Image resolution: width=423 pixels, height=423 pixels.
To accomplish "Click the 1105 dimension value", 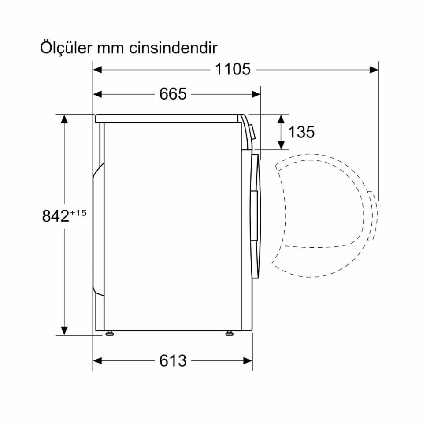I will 233,69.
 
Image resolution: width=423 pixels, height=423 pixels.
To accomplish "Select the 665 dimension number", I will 173,94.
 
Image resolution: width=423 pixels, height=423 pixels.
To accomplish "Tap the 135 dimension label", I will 301,132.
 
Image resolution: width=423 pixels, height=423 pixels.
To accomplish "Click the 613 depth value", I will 173,361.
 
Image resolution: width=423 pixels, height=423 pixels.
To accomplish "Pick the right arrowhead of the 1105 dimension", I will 374,69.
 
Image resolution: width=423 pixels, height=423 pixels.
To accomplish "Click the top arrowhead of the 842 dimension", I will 65,119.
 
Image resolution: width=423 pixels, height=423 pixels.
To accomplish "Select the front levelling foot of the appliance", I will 229,333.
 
